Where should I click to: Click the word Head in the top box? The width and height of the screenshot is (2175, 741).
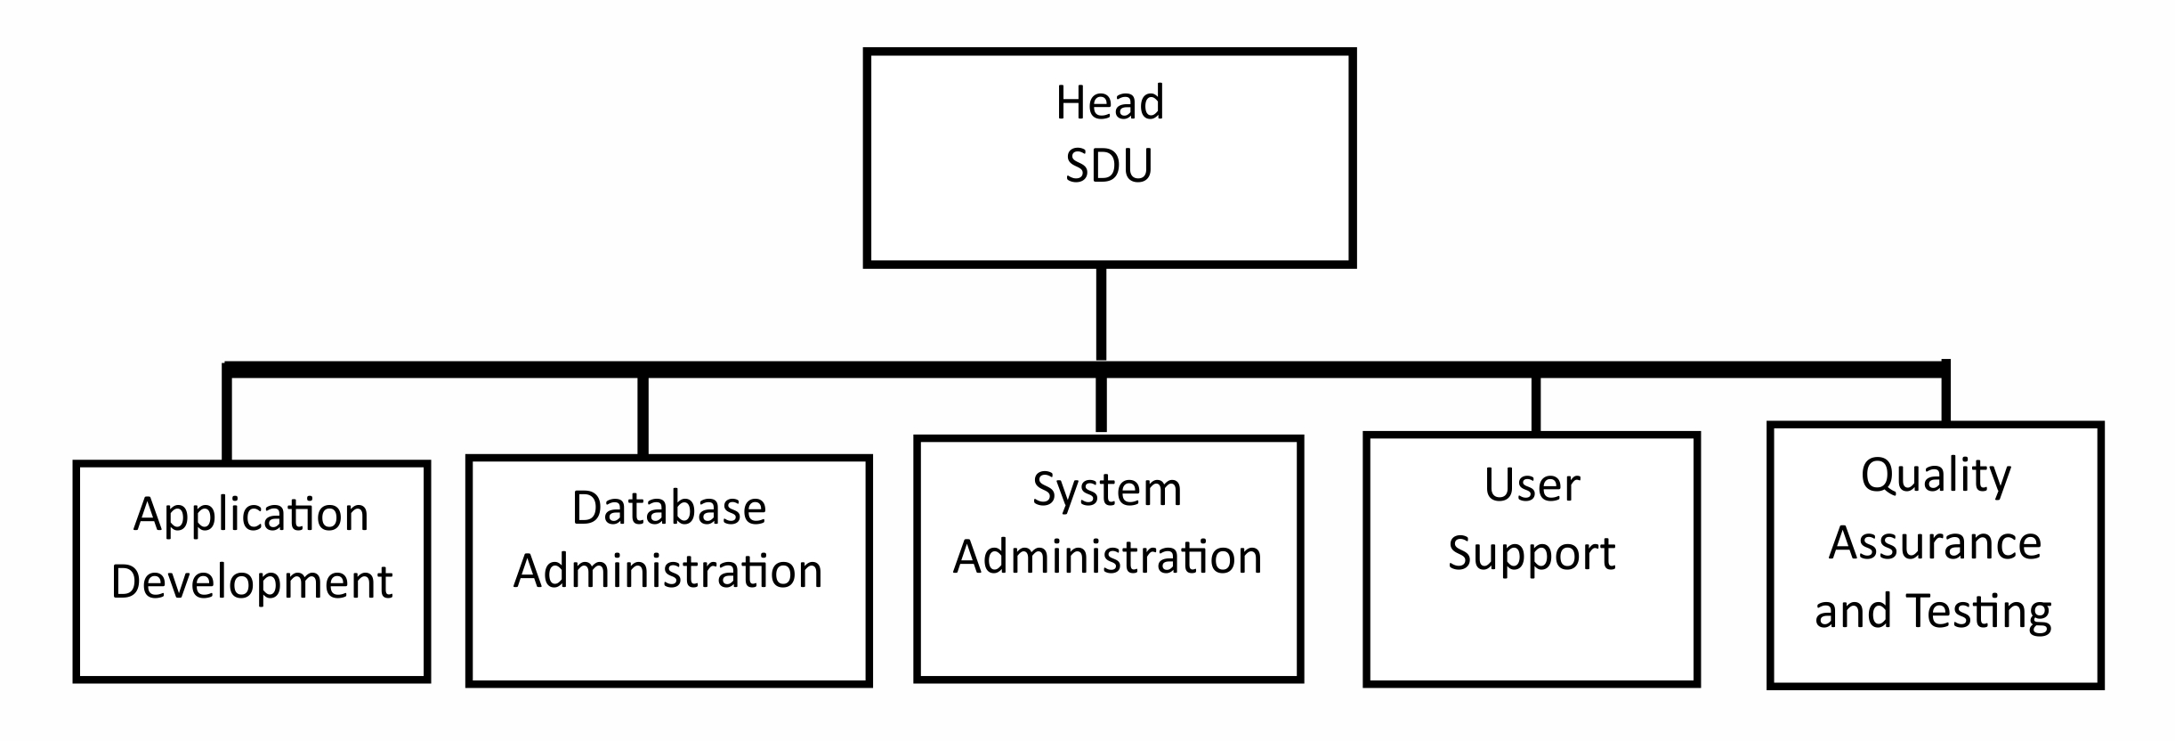coord(1109,102)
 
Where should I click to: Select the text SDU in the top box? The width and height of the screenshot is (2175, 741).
coord(1109,166)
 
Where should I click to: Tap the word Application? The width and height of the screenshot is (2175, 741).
coord(251,515)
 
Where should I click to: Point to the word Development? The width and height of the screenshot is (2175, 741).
coord(251,582)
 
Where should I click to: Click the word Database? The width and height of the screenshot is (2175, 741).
coord(668,509)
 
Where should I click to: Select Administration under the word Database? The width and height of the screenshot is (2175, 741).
coord(668,571)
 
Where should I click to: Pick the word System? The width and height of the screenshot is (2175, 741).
coord(1107,489)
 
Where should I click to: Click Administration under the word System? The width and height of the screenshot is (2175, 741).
coord(1107,558)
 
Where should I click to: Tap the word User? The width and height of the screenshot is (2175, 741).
coord(1532,485)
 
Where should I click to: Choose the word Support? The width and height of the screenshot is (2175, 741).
coord(1532,554)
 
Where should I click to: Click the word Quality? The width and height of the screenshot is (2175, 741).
coord(1936,476)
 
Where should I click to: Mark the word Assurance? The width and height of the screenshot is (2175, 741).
coord(1936,543)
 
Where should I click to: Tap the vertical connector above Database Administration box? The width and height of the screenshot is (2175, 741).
coord(643,415)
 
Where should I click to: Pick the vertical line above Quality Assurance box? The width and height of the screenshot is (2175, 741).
coord(1945,398)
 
